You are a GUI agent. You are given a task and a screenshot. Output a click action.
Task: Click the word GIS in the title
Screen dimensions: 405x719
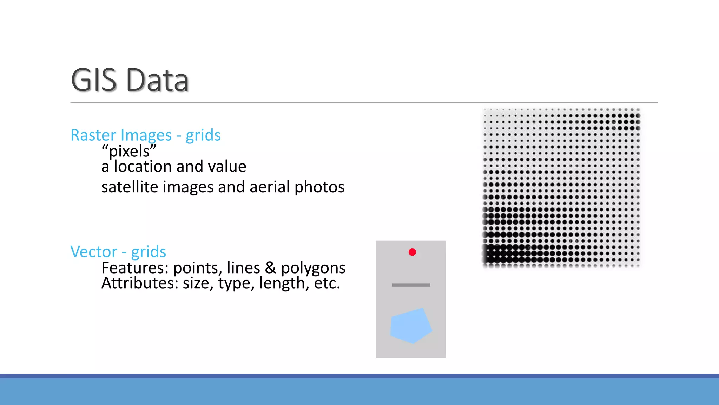[x=93, y=80]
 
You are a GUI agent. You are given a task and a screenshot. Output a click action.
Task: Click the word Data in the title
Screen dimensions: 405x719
[x=157, y=80]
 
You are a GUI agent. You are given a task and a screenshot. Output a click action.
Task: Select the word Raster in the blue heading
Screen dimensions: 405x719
[x=93, y=135]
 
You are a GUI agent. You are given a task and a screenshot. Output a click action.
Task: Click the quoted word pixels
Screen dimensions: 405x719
[x=129, y=152]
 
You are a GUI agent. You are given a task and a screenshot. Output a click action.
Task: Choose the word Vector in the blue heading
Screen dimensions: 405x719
[x=94, y=252]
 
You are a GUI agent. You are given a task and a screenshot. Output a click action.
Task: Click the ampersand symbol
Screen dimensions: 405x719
[x=270, y=268]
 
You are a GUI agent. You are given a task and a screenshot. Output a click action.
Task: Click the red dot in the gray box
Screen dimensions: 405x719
[x=412, y=252]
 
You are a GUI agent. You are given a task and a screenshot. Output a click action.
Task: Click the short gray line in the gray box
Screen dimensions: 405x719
[x=411, y=285]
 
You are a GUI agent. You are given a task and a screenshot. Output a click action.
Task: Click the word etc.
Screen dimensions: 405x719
[x=327, y=283]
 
